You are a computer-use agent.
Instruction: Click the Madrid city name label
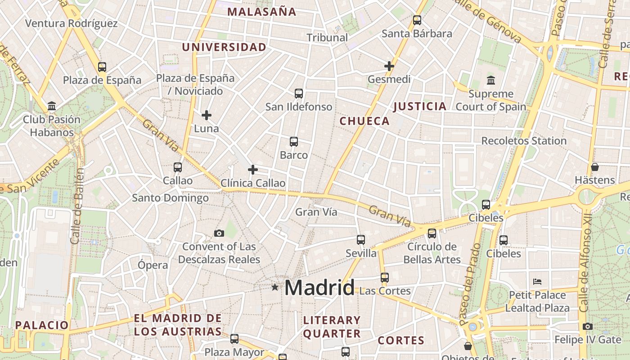(319, 288)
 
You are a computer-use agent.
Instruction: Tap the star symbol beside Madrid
(275, 287)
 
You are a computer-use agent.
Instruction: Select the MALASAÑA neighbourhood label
(262, 12)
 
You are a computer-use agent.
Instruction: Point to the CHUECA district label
(364, 121)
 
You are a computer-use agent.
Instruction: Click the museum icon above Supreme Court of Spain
(490, 81)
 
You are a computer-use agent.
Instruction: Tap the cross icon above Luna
(207, 115)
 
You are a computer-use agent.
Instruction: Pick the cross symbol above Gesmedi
(389, 66)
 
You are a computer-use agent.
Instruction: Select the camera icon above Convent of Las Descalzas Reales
(219, 233)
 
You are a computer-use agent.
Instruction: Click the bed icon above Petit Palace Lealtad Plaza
(537, 282)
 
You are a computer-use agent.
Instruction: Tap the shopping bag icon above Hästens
(595, 167)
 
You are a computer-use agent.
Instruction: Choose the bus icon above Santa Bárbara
(417, 20)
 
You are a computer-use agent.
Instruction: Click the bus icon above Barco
(294, 142)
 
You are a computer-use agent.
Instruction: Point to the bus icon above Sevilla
(361, 240)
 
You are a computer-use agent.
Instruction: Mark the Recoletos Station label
(524, 141)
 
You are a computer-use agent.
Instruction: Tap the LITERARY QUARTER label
(332, 327)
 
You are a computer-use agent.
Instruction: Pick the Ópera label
(153, 265)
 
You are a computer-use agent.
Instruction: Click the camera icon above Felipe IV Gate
(587, 327)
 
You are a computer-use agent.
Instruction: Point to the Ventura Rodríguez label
(72, 23)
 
